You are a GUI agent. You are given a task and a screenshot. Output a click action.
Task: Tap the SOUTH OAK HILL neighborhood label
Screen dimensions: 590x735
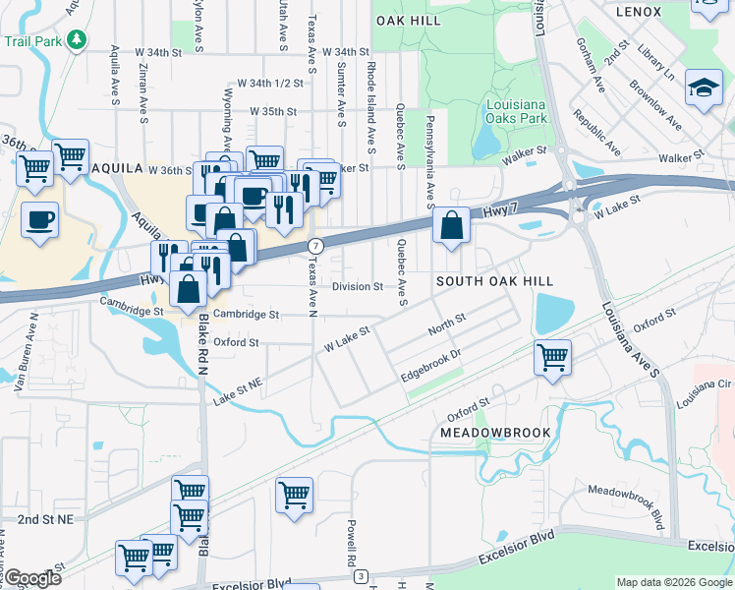click(486, 281)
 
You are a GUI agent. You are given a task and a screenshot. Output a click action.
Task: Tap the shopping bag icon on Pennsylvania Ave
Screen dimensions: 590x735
click(451, 226)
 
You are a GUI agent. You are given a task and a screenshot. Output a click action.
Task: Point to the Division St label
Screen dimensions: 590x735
click(357, 287)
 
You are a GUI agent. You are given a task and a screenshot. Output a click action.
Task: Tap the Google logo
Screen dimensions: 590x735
click(31, 579)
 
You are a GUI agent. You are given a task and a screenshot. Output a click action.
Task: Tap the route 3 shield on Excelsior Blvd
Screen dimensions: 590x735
click(363, 575)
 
